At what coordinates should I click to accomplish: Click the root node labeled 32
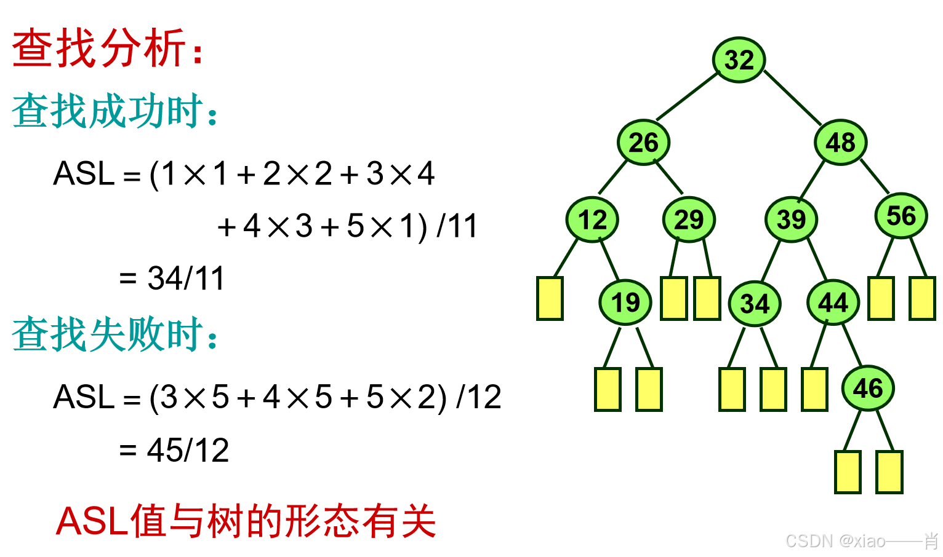click(x=739, y=60)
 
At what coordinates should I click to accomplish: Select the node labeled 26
click(x=643, y=143)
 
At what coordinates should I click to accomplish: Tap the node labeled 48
click(x=840, y=143)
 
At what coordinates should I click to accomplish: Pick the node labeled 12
click(x=592, y=219)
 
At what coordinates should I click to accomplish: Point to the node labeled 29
click(x=689, y=219)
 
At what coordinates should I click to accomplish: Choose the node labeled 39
click(x=791, y=219)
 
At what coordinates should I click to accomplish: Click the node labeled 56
click(x=901, y=216)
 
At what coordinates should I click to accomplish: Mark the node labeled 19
click(x=625, y=302)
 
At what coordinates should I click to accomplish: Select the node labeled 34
click(x=755, y=304)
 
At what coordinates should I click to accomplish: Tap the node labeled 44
click(x=833, y=302)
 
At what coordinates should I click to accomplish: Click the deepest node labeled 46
click(x=868, y=389)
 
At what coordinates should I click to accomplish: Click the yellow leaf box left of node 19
click(x=550, y=299)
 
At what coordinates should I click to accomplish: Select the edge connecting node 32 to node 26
click(x=688, y=97)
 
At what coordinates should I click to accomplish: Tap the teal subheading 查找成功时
click(x=114, y=111)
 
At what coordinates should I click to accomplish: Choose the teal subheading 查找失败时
click(x=114, y=334)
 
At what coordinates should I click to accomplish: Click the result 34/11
click(x=186, y=278)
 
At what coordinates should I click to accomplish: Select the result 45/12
click(x=188, y=451)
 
